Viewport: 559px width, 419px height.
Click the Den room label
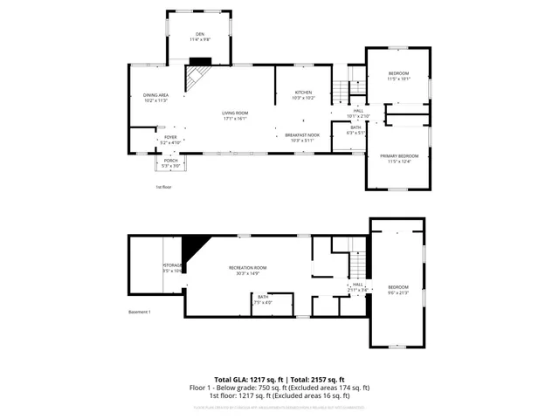(201, 37)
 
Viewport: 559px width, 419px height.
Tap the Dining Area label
(155, 97)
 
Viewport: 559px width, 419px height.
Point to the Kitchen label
(303, 94)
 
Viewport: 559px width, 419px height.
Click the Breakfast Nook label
(303, 136)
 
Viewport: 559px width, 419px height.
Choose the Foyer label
(169, 139)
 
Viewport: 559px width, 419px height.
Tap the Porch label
(169, 163)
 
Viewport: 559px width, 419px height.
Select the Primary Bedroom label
(398, 157)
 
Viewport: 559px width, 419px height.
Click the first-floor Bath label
(355, 130)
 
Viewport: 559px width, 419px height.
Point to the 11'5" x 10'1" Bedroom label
(398, 74)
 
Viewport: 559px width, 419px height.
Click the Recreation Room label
(247, 270)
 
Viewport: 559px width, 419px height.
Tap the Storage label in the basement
(172, 268)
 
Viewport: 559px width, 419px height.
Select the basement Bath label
(263, 300)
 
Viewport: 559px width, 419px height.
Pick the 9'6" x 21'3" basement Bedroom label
(398, 289)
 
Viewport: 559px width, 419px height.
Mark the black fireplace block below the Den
(200, 62)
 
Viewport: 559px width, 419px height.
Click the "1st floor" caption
(163, 187)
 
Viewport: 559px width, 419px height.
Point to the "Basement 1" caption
(140, 312)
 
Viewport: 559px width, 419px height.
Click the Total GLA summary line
(279, 380)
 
